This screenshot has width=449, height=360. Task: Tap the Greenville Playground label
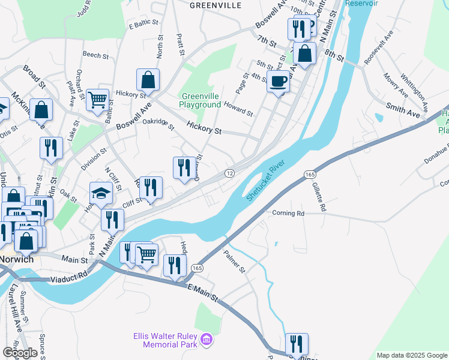pyautogui.click(x=200, y=100)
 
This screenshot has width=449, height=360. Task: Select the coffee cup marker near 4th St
pyautogui.click(x=277, y=81)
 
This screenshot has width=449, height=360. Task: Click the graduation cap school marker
pyautogui.click(x=101, y=193)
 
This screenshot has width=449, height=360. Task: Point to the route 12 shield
pyautogui.click(x=229, y=173)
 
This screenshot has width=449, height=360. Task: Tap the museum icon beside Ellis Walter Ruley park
pyautogui.click(x=207, y=340)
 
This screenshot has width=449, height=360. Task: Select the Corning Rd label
pyautogui.click(x=288, y=213)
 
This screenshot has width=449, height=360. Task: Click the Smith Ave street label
pyautogui.click(x=403, y=108)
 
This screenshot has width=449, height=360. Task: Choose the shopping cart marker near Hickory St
pyautogui.click(x=97, y=100)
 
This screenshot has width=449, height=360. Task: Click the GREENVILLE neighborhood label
pyautogui.click(x=215, y=5)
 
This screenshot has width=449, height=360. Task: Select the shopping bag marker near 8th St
pyautogui.click(x=305, y=53)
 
